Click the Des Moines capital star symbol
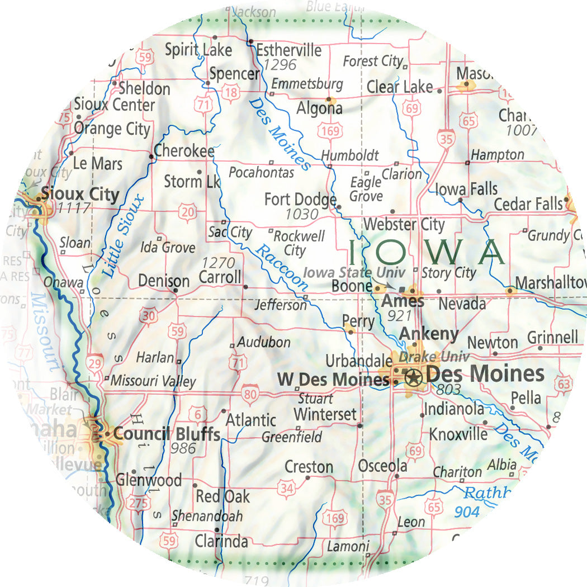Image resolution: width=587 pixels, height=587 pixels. [413, 378]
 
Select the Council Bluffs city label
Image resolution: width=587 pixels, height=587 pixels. [167, 434]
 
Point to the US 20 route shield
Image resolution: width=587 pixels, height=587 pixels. [186, 212]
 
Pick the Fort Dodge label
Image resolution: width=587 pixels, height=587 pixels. [300, 200]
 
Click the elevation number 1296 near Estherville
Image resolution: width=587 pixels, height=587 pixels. [280, 65]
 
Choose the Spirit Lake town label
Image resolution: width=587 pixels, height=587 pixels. [198, 50]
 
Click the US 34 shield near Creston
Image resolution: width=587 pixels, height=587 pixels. [287, 489]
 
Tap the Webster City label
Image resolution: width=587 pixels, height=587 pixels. [404, 225]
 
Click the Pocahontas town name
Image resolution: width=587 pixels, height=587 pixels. [261, 173]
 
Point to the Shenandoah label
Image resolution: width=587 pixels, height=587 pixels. [207, 515]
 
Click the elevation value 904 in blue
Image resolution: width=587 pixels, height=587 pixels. [467, 512]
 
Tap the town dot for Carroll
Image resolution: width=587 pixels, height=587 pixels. [245, 287]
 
